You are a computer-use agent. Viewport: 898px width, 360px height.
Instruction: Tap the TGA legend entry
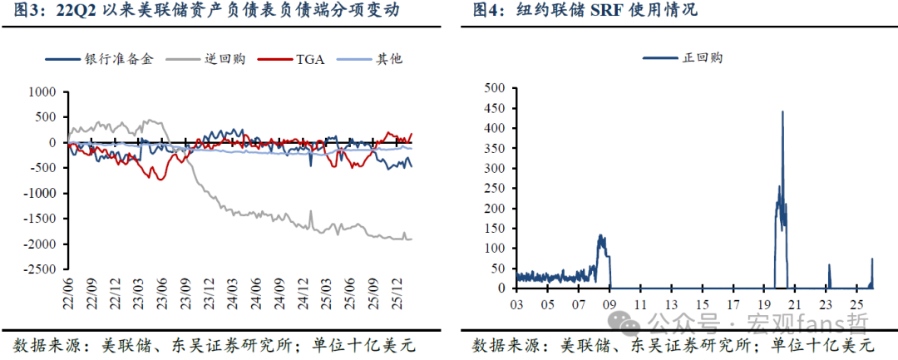click(x=308, y=59)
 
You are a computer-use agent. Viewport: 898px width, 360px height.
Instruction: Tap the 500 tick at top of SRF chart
click(x=495, y=87)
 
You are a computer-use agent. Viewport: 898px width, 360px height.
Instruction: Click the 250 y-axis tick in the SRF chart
click(x=495, y=188)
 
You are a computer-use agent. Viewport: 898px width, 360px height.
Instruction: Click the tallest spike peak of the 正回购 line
click(x=782, y=111)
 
